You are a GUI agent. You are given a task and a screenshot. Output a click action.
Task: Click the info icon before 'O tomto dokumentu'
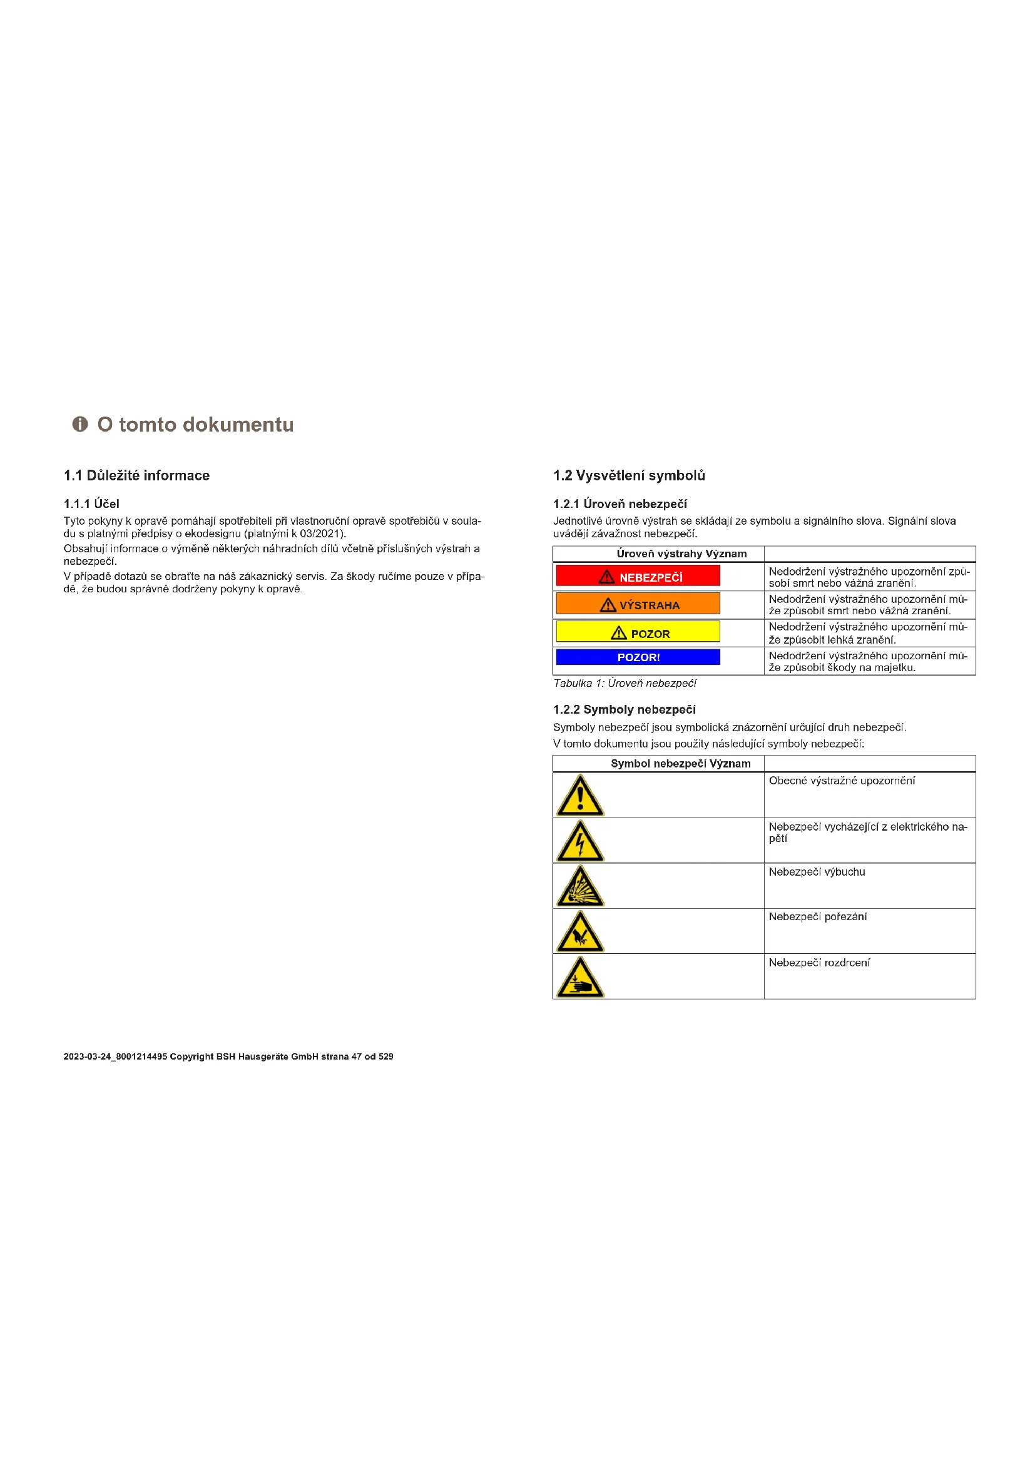tap(79, 424)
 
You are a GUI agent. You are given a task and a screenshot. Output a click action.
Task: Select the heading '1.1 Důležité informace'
tap(136, 475)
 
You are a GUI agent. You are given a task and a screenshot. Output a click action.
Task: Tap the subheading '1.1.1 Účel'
tap(91, 504)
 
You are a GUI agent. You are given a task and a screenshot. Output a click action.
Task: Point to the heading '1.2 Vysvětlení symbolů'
tap(629, 475)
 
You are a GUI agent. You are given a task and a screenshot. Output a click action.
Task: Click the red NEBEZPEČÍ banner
tap(638, 576)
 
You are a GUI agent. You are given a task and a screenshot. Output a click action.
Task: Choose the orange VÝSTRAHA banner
tap(638, 604)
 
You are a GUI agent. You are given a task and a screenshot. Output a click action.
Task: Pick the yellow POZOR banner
tap(638, 632)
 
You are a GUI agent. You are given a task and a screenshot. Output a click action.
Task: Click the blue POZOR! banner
tap(638, 657)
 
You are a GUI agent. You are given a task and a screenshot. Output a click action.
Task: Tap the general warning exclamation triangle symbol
tap(580, 796)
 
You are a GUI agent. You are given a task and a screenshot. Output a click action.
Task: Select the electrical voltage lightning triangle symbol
tap(580, 842)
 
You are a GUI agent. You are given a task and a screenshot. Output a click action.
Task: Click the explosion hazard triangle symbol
tap(580, 887)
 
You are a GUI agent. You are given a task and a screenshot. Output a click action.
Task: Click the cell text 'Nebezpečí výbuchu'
tap(817, 872)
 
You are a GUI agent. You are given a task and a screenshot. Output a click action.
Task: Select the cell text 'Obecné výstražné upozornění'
tap(841, 781)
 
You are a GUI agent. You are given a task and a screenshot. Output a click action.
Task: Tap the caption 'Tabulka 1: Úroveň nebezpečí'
tap(625, 683)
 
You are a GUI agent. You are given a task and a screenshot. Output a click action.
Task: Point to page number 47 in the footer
tap(357, 1056)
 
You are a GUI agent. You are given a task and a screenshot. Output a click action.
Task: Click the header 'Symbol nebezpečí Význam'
tap(681, 763)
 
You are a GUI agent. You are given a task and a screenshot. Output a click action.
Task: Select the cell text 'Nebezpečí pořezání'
tap(817, 917)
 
